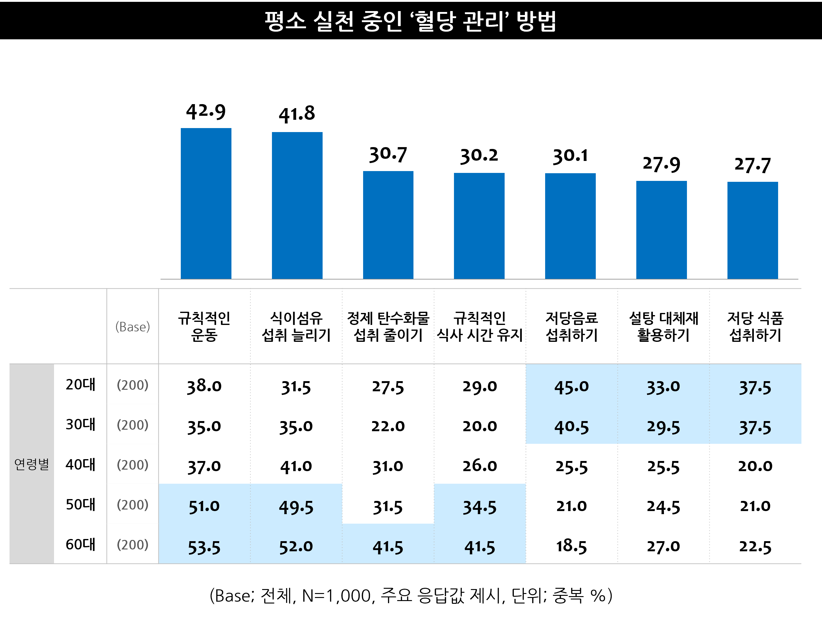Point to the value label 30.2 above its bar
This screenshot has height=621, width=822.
[x=479, y=155]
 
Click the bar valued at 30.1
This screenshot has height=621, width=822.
[x=570, y=226]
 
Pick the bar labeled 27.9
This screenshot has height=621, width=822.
[x=661, y=229]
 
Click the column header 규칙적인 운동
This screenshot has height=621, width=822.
[x=204, y=326]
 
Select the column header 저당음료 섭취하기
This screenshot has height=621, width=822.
[x=572, y=326]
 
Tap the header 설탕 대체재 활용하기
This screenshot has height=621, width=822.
[x=663, y=326]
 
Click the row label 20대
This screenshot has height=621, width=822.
[x=80, y=385]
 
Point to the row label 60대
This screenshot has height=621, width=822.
[x=80, y=545]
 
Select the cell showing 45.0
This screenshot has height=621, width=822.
[x=572, y=387]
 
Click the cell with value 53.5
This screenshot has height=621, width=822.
[x=204, y=547]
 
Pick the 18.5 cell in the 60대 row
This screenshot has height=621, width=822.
[x=572, y=546]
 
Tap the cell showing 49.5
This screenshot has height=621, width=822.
[x=296, y=507]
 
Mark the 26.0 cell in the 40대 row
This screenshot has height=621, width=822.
[x=479, y=466]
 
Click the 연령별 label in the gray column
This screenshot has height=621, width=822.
[x=32, y=464]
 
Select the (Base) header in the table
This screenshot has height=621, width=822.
[x=133, y=326]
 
